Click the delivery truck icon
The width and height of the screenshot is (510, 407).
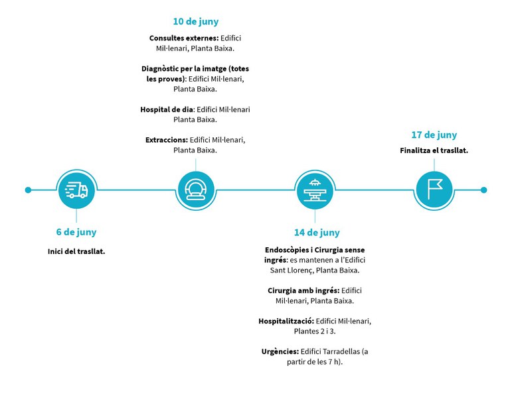(76, 190)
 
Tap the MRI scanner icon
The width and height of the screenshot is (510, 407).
(196, 190)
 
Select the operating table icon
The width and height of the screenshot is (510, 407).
(315, 190)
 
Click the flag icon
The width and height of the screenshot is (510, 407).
(434, 190)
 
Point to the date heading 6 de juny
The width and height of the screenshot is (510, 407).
(76, 232)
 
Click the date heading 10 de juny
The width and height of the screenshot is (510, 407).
(195, 22)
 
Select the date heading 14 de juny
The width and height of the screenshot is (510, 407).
(317, 233)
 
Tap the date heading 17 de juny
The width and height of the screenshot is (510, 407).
(434, 135)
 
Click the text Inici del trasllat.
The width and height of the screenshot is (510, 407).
(76, 252)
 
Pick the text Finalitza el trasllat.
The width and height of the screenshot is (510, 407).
(434, 150)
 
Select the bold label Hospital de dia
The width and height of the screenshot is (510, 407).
(167, 109)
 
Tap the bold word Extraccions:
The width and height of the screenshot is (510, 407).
(167, 140)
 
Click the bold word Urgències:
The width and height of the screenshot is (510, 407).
(280, 351)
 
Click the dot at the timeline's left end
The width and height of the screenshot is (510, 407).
(28, 190)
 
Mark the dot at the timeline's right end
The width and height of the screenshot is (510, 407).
(483, 190)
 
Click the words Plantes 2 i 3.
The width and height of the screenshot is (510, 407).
(315, 331)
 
